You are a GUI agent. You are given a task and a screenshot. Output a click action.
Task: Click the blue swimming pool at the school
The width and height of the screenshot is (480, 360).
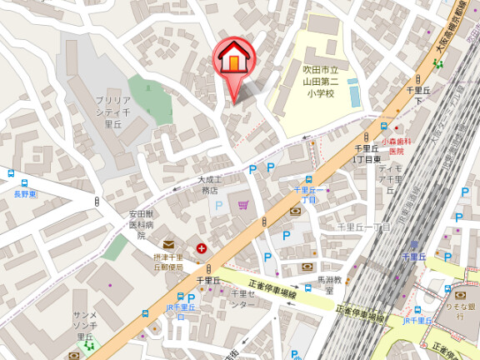354,92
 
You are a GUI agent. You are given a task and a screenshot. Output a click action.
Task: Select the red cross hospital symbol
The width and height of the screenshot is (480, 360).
202,248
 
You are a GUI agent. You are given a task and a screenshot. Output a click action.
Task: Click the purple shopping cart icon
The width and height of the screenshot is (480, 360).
243,204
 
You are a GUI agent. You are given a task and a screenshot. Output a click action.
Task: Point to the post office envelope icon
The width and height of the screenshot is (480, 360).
168,245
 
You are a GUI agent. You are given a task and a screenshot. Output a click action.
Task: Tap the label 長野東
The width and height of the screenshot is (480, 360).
25,194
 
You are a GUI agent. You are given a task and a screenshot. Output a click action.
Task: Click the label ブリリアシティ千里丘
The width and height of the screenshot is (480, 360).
114,111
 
